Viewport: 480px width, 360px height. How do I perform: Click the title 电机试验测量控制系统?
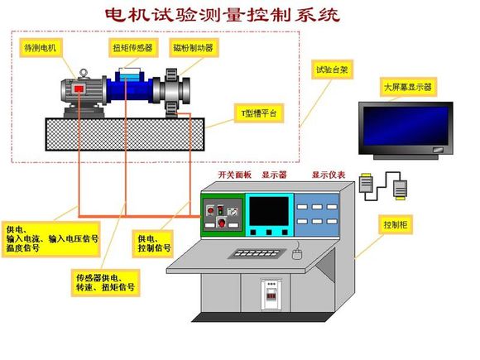tap(223, 15)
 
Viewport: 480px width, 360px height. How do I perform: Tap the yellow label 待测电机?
tap(41, 48)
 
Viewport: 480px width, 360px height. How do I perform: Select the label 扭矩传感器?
tap(133, 48)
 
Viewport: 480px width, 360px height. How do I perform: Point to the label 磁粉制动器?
tap(194, 48)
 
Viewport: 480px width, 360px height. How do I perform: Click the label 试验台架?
tap(333, 70)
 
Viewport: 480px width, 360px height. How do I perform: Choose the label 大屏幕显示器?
tap(408, 87)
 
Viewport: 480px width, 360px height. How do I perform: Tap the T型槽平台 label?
tap(259, 113)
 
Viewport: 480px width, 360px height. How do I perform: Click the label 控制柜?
tap(396, 225)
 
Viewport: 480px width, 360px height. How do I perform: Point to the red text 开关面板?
tap(234, 175)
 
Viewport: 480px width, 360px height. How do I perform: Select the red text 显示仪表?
tap(329, 175)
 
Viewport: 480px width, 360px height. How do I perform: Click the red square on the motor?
tap(79, 89)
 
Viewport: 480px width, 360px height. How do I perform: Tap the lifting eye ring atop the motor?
tap(84, 73)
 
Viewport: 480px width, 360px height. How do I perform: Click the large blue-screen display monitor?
tap(406, 131)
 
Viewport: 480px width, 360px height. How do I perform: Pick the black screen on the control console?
tap(269, 212)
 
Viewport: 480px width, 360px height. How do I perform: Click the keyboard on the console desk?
tap(257, 253)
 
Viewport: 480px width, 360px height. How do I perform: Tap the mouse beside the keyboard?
tap(297, 254)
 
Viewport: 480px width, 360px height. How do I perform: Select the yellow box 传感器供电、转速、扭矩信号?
tap(106, 283)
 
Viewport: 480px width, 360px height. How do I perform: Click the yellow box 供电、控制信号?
tap(153, 243)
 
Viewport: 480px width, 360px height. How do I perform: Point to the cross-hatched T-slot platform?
tap(125, 134)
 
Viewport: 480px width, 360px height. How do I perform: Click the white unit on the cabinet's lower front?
tap(271, 294)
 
